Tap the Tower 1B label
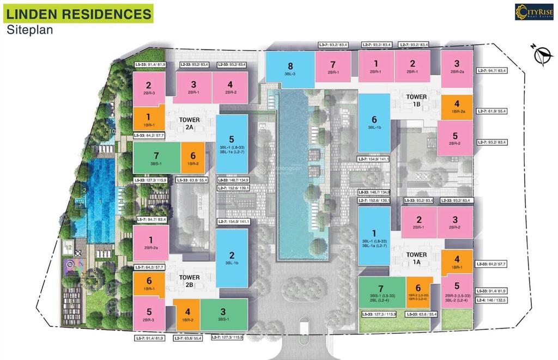tap(416, 100)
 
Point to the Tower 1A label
tap(416, 258)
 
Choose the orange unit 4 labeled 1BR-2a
tap(457, 107)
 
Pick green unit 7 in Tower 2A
tap(156, 158)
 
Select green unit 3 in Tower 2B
tap(223, 314)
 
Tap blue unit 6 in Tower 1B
tap(374, 123)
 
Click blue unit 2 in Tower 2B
tap(232, 258)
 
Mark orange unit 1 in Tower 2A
tap(148, 119)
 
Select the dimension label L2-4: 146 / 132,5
tap(494, 300)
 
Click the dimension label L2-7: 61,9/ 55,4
tap(492, 111)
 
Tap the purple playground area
tap(71, 266)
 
